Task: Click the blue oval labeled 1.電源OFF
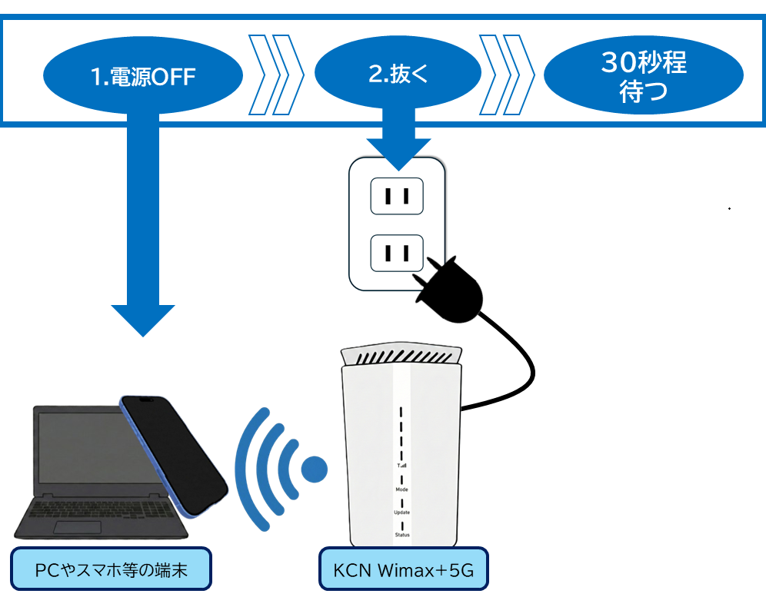pyautogui.click(x=142, y=76)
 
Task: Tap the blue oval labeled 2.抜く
pyautogui.click(x=398, y=75)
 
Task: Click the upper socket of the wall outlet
pyautogui.click(x=397, y=196)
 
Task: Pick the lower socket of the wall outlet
pyautogui.click(x=397, y=253)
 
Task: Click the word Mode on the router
pyautogui.click(x=402, y=489)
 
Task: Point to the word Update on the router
pyautogui.click(x=402, y=512)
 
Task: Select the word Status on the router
pyautogui.click(x=402, y=535)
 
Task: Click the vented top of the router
pyautogui.click(x=401, y=356)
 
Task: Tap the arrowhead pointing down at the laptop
pyautogui.click(x=143, y=319)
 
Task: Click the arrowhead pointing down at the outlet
pyautogui.click(x=398, y=153)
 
